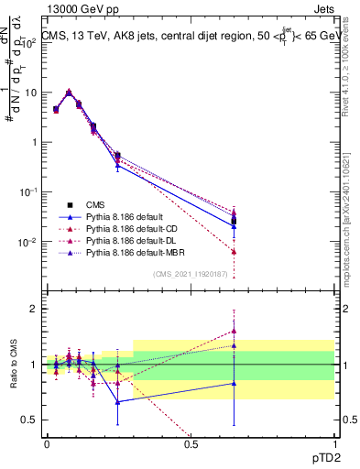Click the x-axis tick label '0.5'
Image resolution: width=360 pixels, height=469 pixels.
[x=191, y=443]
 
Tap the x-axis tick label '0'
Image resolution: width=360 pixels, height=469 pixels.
[x=47, y=443]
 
